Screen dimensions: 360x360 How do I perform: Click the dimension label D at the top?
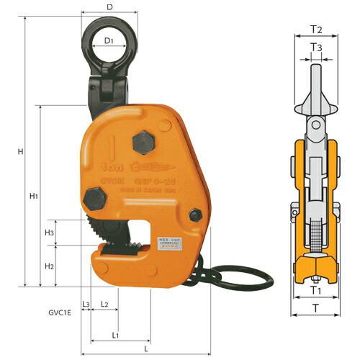[109, 6]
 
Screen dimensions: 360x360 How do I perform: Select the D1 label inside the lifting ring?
[109, 41]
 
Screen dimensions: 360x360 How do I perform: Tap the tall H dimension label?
[21, 152]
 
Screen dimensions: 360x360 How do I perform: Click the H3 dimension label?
[49, 233]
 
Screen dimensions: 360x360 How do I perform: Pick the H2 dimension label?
[49, 266]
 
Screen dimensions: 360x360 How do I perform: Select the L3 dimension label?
[86, 305]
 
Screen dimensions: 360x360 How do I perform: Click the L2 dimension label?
[104, 305]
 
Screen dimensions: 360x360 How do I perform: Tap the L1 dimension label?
[115, 336]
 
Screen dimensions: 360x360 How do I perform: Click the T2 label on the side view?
[315, 30]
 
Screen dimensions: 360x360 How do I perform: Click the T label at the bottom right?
[315, 307]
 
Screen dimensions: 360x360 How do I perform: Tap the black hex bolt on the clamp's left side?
[93, 198]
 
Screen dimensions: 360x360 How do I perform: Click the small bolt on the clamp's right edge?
[194, 214]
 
